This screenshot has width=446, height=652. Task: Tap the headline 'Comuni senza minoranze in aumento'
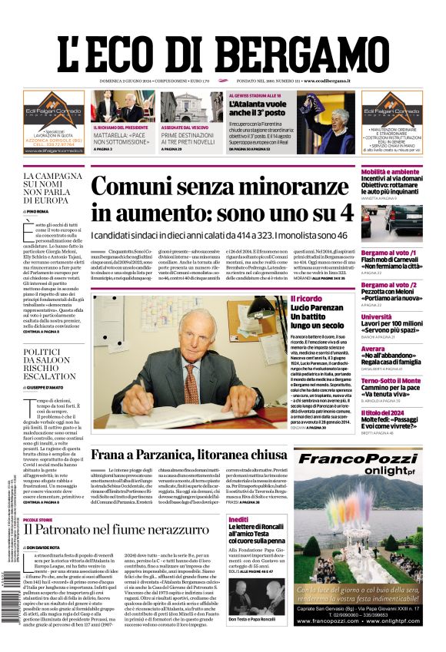point(222,199)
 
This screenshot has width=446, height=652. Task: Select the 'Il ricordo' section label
point(306,297)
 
